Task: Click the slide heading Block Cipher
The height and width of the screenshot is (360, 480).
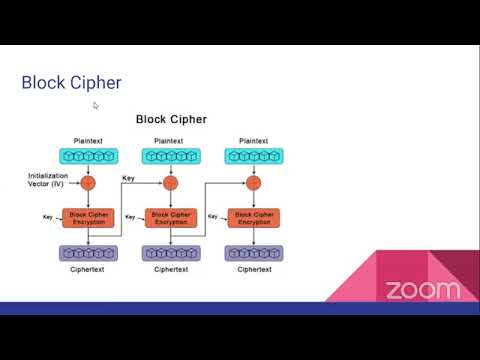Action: point(72,83)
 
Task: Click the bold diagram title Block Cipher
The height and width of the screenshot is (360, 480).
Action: point(171,119)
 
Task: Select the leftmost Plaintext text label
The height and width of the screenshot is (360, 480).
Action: point(88,140)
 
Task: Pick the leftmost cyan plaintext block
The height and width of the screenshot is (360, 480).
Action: point(88,156)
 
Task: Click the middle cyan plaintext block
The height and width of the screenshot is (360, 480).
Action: point(170,156)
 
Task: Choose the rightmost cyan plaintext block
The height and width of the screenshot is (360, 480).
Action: point(252,156)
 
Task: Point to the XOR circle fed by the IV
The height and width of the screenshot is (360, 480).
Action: point(88,183)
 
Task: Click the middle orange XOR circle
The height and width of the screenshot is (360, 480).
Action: point(170,183)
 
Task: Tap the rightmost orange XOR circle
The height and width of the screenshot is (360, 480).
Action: point(252,183)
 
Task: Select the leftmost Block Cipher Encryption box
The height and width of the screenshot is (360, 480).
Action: point(88,217)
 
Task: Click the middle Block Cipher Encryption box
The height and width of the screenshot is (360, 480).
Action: point(170,217)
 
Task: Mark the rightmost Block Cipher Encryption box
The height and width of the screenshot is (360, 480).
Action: point(252,217)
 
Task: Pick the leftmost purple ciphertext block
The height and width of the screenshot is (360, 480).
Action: point(88,253)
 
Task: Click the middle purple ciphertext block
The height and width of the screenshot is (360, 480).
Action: point(170,253)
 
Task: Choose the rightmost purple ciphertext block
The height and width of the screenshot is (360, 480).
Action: point(252,253)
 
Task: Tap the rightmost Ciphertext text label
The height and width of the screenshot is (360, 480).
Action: point(252,270)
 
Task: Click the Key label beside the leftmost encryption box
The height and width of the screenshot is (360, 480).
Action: point(47,216)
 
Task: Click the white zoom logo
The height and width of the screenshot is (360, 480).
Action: point(423,290)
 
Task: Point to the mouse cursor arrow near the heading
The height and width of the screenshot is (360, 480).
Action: point(96,105)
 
